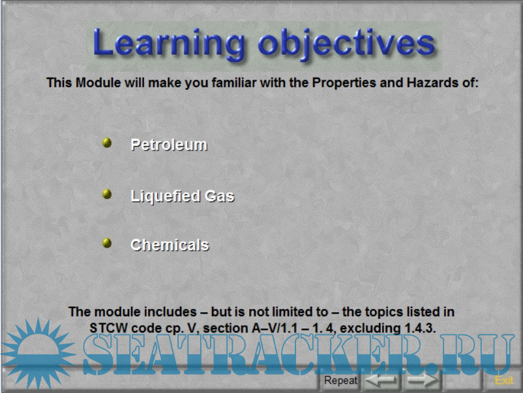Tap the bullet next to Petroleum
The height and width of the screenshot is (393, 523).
pos(107,143)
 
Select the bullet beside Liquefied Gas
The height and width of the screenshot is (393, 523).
pos(107,194)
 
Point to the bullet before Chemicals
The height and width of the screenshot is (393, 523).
pos(107,243)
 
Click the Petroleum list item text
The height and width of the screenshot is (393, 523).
pos(169,145)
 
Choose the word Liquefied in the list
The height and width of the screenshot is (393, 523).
pos(166,196)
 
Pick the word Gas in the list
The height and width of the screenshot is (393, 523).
pos(220,196)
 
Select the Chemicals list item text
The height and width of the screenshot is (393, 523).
pos(170,245)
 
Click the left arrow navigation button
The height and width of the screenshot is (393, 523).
pos(381,380)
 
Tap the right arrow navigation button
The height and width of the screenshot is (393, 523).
pos(423,380)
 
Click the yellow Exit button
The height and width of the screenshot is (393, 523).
pos(504,381)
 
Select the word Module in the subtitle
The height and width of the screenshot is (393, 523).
pos(98,83)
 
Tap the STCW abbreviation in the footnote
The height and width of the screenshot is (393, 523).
pos(108,328)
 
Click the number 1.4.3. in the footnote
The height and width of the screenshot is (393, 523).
pos(420,328)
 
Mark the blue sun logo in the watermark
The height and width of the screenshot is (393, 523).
pos(38,353)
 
